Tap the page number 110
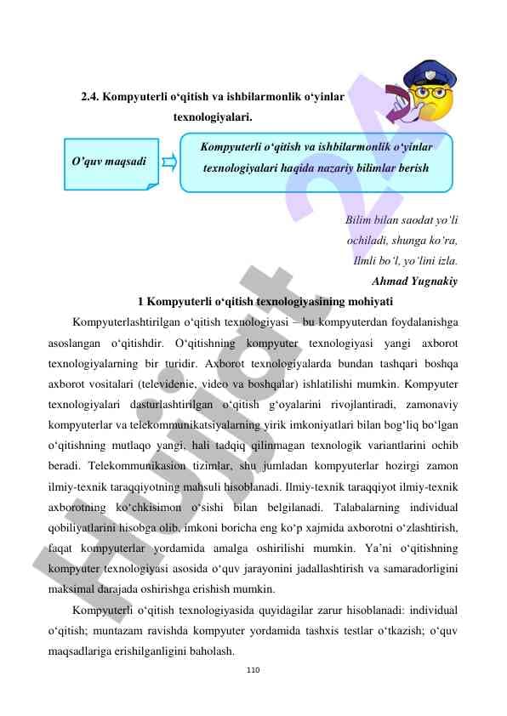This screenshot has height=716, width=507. [x=253, y=670]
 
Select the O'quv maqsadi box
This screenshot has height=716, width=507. [x=111, y=161]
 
